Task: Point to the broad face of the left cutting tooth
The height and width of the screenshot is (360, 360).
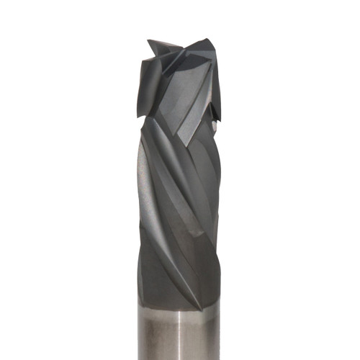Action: pyautogui.click(x=148, y=83)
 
